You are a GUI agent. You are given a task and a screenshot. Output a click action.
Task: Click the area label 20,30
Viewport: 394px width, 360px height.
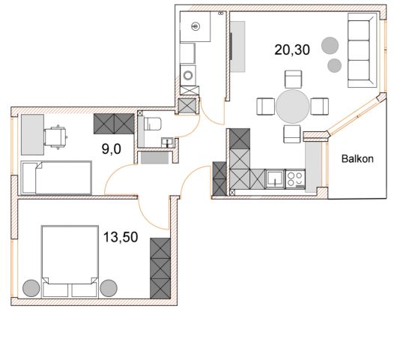coord(292,49)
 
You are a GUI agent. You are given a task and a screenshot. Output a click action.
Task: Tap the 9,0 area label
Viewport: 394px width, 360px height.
coord(112,149)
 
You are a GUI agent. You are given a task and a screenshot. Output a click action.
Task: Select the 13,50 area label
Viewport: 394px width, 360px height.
coord(121,237)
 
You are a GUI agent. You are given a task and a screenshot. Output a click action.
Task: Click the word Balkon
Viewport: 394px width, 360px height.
coord(357,159)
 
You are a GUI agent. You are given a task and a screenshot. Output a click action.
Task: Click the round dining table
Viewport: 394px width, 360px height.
coord(292,106)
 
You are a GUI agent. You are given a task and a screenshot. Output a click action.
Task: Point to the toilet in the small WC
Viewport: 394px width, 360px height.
coord(152,124)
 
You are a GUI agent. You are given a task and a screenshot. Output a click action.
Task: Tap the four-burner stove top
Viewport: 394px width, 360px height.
coord(295,179)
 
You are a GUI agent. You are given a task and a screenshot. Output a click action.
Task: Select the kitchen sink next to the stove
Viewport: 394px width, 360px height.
coord(275,179)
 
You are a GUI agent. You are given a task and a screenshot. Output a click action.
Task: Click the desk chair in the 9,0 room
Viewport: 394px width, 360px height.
coord(55,137)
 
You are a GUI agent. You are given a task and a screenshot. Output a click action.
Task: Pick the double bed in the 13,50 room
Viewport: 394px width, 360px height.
coord(70,261)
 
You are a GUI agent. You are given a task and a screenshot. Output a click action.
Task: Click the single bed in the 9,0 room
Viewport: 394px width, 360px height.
coord(56,178)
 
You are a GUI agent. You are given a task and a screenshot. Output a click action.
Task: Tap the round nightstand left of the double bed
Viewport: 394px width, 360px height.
coord(31,288)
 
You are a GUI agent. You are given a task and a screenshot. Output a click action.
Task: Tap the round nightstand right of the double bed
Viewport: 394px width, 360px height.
coord(109,288)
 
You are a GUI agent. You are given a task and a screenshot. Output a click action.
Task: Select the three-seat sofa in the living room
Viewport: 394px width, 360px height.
coord(363,50)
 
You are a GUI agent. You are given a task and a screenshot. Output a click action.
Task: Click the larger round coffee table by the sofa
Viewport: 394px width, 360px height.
coord(330,46)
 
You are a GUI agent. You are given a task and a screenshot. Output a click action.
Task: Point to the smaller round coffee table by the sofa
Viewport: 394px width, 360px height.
coord(334,65)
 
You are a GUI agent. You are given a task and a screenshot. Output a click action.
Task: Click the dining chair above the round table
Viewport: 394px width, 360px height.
coord(293,79)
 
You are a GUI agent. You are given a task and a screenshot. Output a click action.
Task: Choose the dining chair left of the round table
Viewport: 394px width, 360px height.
coord(265,106)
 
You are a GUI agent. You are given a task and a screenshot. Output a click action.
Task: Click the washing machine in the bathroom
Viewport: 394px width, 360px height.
coord(188,75)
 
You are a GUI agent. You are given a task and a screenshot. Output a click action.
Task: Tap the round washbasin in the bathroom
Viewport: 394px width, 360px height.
coord(196,26)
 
